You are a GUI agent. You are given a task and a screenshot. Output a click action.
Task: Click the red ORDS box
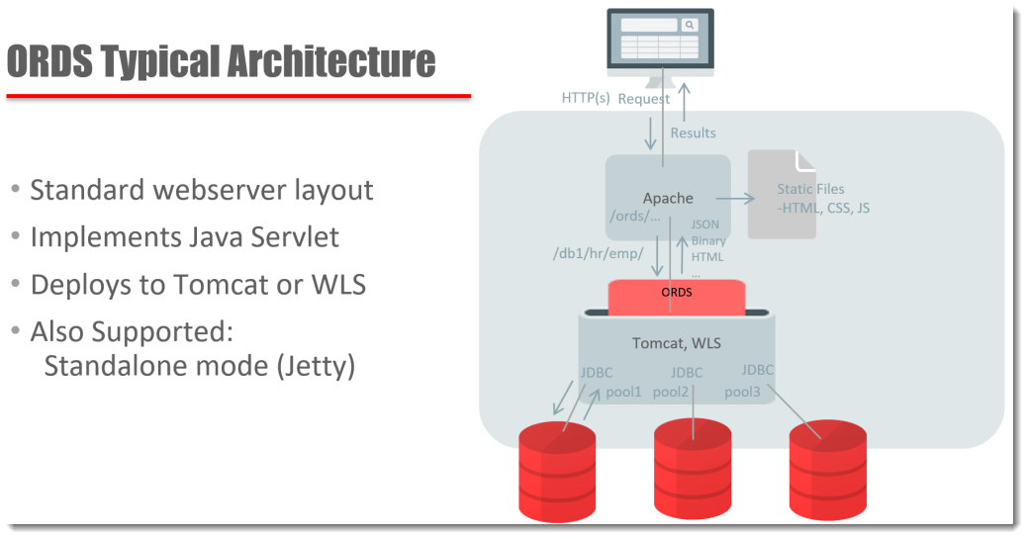pyautogui.click(x=676, y=295)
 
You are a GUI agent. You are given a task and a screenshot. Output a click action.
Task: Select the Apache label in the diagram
pyautogui.click(x=668, y=198)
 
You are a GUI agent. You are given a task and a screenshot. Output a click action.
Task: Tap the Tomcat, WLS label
pyautogui.click(x=677, y=343)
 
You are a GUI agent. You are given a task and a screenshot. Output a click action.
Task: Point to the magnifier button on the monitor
pyautogui.click(x=689, y=25)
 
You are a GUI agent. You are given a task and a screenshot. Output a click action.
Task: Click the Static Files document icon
pyautogui.click(x=782, y=195)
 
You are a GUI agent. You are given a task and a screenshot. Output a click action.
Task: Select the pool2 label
pyautogui.click(x=671, y=392)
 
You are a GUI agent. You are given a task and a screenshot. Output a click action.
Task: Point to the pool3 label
pyautogui.click(x=742, y=392)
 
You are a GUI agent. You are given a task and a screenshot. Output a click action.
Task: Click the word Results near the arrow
pyautogui.click(x=693, y=133)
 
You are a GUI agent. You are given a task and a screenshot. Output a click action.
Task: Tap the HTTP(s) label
pyautogui.click(x=586, y=98)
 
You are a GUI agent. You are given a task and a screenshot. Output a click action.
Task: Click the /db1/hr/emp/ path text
pyautogui.click(x=598, y=252)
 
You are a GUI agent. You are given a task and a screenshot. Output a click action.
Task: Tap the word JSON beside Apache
pyautogui.click(x=705, y=225)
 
